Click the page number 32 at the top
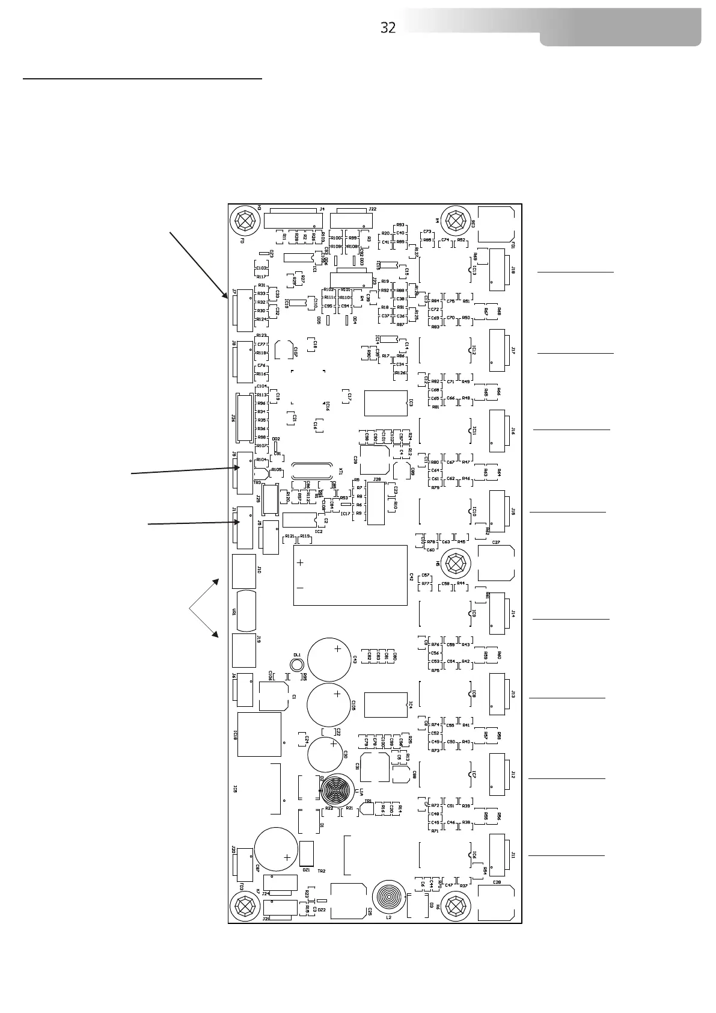tap(388, 28)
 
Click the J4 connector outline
tap(294, 219)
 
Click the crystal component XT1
tap(310, 471)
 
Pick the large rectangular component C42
tap(350, 575)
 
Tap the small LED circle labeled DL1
tap(296, 665)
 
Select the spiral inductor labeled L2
tap(390, 898)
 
